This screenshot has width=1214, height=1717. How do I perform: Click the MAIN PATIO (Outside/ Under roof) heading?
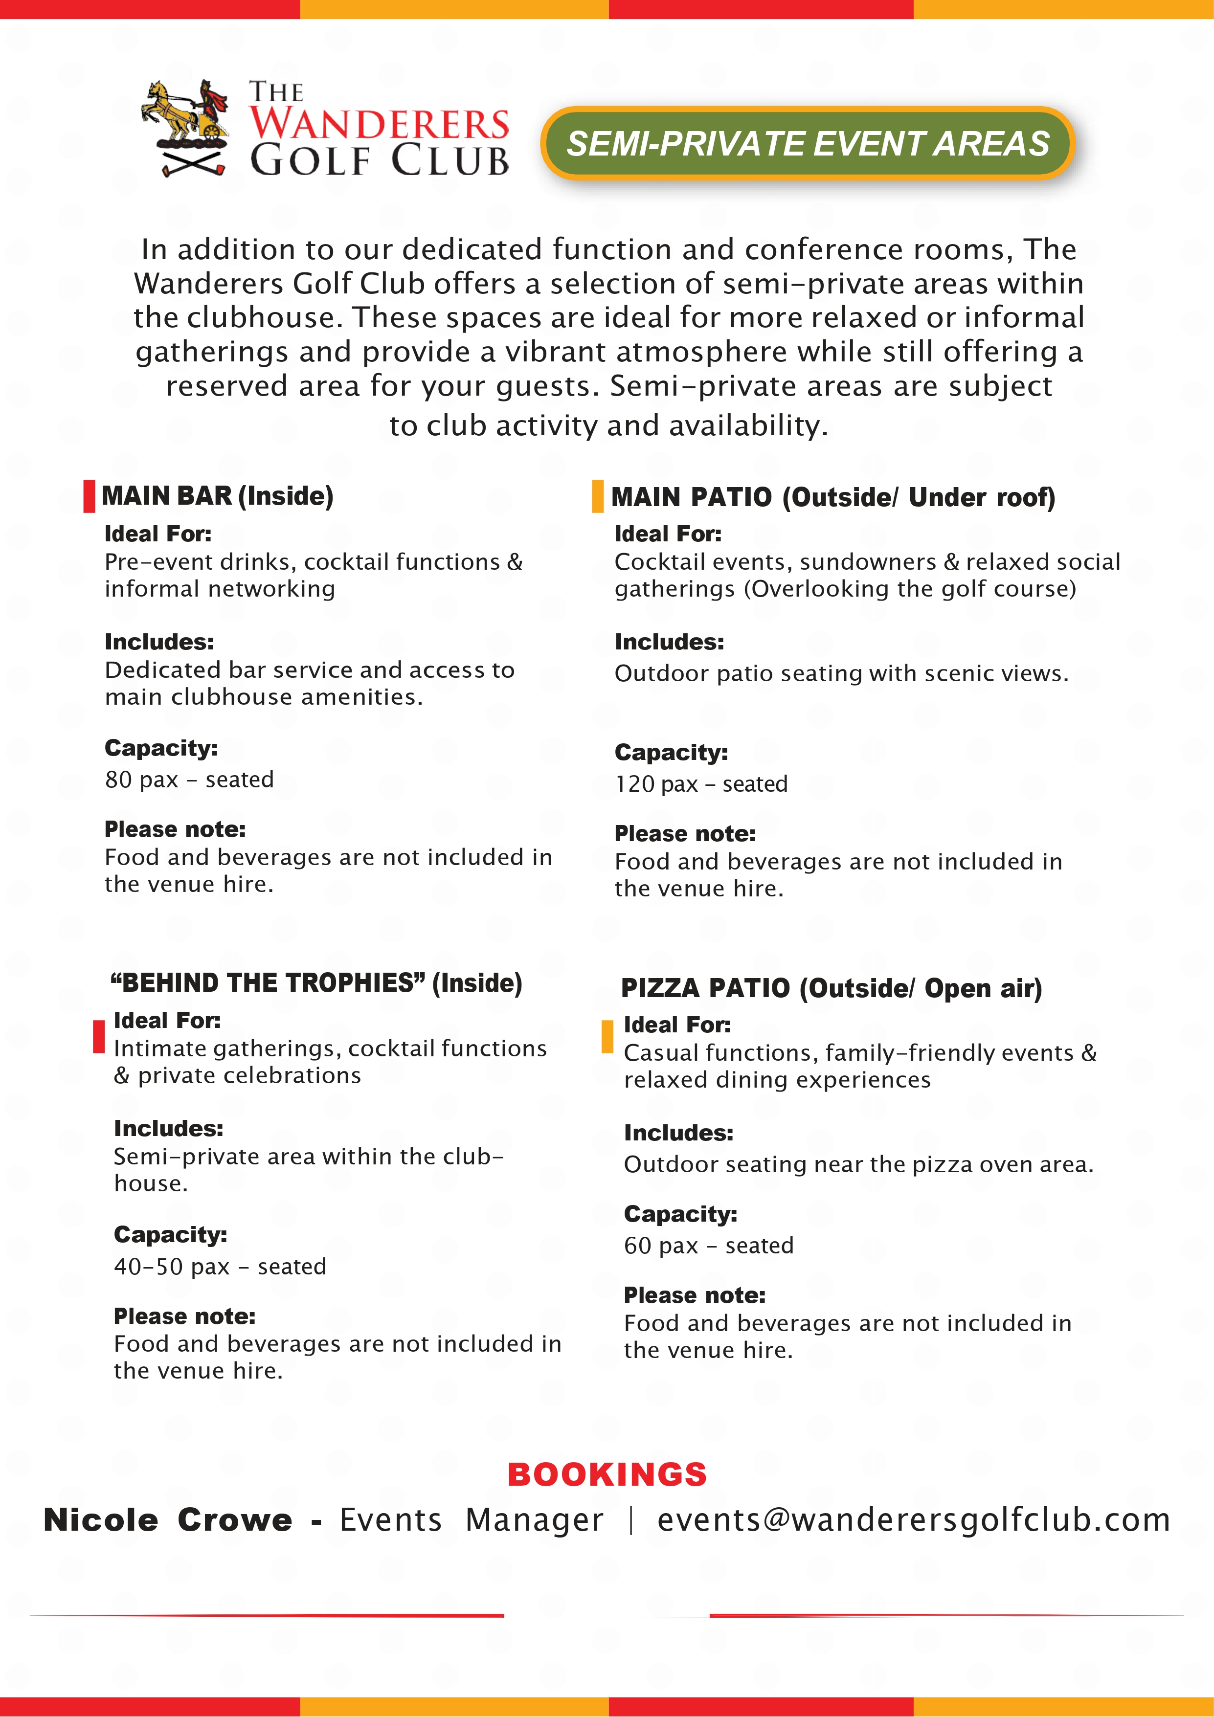click(832, 497)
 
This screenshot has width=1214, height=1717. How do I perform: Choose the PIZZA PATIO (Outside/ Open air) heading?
click(831, 988)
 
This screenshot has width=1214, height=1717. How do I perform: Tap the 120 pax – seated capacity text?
click(701, 784)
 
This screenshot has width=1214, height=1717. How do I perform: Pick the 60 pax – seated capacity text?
click(708, 1245)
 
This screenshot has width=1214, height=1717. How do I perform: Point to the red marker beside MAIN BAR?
click(89, 496)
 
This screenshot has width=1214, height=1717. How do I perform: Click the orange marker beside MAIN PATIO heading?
click(597, 496)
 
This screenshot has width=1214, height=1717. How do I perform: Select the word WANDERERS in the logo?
click(379, 124)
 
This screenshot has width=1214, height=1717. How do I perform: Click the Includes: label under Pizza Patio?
click(678, 1133)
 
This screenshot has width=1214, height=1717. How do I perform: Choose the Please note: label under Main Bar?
click(175, 829)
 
